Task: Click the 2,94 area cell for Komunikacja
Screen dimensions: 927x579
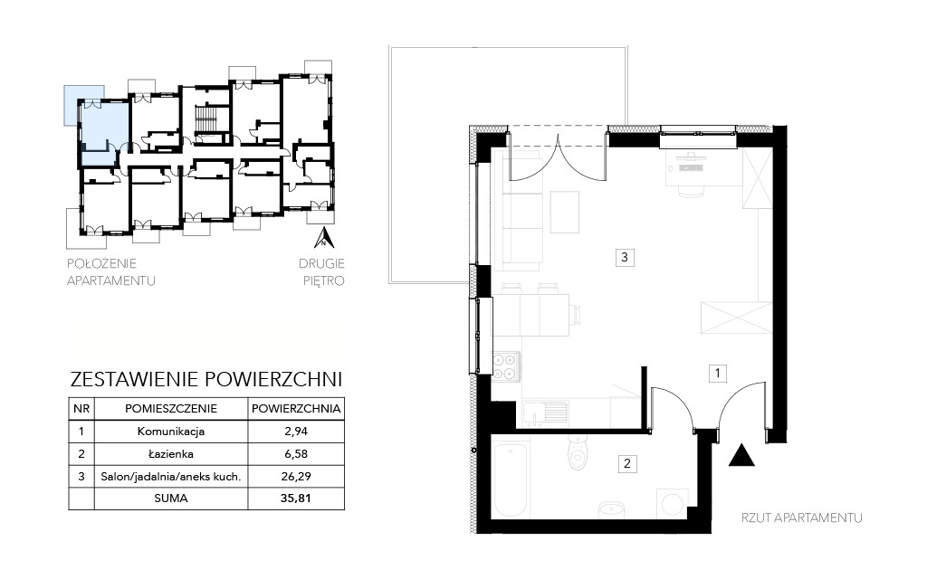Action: coord(296,432)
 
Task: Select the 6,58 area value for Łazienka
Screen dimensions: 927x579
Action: coord(296,454)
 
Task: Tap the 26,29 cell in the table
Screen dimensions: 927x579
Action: coord(296,476)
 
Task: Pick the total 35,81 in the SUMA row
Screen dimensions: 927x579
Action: coord(296,498)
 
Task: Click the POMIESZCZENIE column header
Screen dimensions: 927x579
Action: coord(171,408)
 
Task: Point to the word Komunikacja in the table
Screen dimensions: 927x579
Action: coord(171,432)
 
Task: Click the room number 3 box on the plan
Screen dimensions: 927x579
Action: coord(625,257)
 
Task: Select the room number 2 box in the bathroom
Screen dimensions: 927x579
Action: coord(626,464)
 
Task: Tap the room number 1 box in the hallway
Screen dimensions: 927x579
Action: coord(717,374)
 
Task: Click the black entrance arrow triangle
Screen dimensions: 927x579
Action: coord(741,457)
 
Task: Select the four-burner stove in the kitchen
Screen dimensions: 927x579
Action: coord(506,365)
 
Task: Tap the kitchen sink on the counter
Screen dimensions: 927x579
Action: coord(545,414)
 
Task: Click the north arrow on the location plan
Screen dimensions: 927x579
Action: coord(324,238)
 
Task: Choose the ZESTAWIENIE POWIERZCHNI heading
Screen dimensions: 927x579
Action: coord(206,379)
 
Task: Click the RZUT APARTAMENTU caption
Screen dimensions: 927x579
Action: coord(802,518)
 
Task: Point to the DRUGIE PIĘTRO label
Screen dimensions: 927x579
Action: coord(323,271)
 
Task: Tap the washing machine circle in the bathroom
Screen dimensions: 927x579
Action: coord(673,503)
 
